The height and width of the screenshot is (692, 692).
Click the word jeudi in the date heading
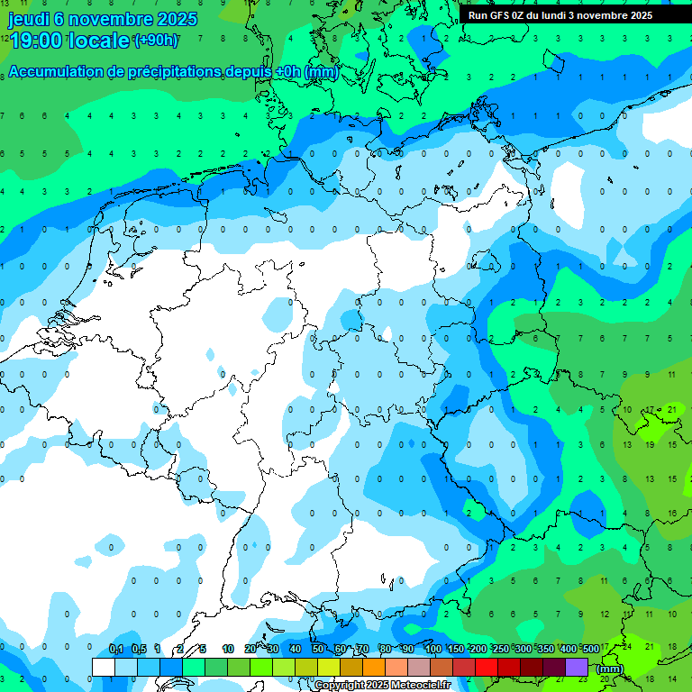coord(29,18)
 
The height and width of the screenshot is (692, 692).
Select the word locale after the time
coord(104,41)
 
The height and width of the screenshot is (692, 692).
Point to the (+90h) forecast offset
coord(156,41)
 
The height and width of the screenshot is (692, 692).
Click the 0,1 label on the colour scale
coord(115,649)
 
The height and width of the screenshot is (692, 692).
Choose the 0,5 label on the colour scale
coord(138,649)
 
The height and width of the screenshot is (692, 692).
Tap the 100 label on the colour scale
coord(432,649)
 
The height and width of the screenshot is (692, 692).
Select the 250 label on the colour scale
coord(500,649)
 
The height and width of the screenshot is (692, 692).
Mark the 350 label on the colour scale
coord(545,649)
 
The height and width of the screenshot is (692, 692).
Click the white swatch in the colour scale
coord(104,667)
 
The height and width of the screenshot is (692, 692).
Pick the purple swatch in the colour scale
coord(577,667)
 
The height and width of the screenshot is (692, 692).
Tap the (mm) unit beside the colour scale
coord(610,669)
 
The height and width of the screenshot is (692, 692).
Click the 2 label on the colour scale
coord(180,649)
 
